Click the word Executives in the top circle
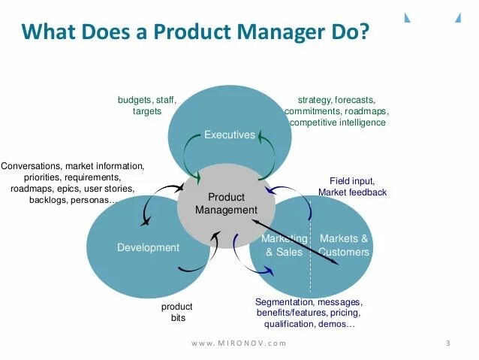click(x=230, y=135)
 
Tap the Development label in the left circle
click(x=149, y=247)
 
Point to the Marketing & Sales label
click(x=284, y=245)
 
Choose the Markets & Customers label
click(x=344, y=245)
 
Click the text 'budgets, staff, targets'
click(x=146, y=105)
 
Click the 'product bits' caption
click(x=177, y=312)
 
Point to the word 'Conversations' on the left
click(x=32, y=165)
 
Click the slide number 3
click(x=447, y=343)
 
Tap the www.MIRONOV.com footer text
click(x=239, y=343)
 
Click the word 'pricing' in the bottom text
click(x=345, y=312)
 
